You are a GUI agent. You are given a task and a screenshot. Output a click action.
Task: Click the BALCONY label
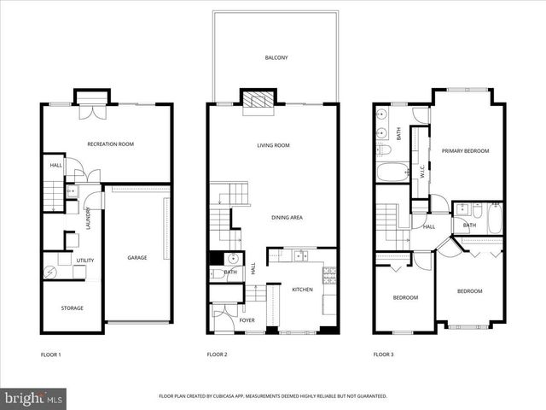pyautogui.click(x=276, y=58)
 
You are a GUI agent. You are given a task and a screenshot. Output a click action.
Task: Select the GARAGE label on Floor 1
pyautogui.click(x=137, y=257)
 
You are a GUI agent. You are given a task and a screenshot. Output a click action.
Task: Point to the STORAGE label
pyautogui.click(x=72, y=307)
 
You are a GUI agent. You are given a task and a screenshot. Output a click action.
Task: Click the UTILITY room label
pyautogui.click(x=85, y=261)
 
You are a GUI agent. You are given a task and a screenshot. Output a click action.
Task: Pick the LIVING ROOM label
pyautogui.click(x=274, y=145)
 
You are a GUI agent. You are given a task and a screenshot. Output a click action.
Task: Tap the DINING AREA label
pyautogui.click(x=286, y=218)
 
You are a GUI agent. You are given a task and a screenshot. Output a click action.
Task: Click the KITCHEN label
pyautogui.click(x=302, y=290)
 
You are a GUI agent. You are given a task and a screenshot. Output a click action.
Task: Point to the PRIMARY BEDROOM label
pyautogui.click(x=465, y=151)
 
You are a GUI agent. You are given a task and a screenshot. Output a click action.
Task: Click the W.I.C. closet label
pyautogui.click(x=421, y=171)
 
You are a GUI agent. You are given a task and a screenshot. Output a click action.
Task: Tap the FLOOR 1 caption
pyautogui.click(x=50, y=354)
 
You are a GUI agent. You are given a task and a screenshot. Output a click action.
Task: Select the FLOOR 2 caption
pyautogui.click(x=217, y=354)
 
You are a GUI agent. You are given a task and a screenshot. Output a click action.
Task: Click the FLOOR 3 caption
pyautogui.click(x=383, y=354)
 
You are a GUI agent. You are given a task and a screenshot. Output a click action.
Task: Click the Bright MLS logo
pyautogui.click(x=34, y=398)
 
